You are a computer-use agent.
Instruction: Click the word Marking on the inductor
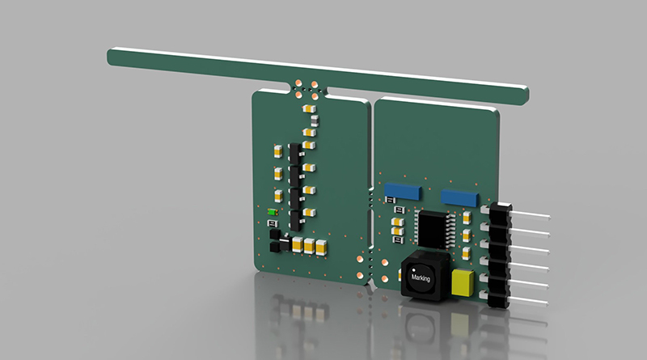(421, 277)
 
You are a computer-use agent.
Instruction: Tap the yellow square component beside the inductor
(463, 282)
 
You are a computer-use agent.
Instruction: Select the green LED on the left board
(272, 212)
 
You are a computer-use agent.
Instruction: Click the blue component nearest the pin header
(459, 198)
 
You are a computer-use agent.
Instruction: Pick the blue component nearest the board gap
(403, 192)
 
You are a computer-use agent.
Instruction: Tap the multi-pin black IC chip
(433, 230)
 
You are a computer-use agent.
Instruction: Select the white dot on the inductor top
(414, 270)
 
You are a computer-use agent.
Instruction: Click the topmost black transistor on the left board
(295, 154)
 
